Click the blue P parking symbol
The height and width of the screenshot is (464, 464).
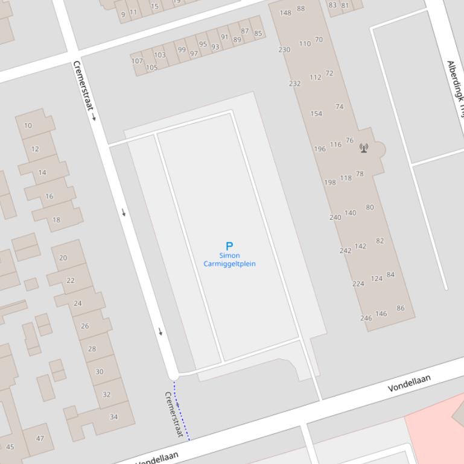229,246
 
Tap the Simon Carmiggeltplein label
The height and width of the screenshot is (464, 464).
229,260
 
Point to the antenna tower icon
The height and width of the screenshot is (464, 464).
364,148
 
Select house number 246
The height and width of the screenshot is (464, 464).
366,318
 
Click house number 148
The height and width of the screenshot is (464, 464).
285,13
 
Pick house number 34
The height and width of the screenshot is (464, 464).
113,416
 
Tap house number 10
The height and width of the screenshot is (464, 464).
28,125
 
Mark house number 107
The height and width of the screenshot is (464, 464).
137,61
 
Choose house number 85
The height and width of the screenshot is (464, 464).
258,33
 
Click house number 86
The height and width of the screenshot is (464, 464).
401,308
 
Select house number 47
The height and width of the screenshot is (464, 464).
40,438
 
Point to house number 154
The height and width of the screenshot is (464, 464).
316,113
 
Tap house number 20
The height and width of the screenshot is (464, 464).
63,257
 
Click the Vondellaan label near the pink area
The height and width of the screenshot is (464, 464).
409,383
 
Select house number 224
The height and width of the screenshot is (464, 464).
358,283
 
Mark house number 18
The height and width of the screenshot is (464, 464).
56,220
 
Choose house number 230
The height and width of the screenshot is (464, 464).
284,49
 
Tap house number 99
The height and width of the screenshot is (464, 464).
182,49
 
